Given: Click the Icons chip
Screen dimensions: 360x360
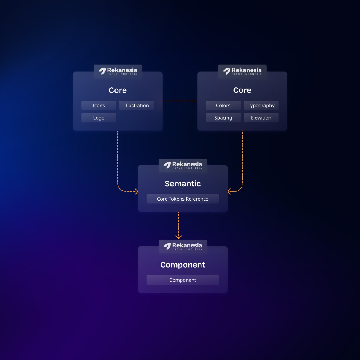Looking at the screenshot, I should [99, 106].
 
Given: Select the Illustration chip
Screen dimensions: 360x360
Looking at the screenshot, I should [136, 106].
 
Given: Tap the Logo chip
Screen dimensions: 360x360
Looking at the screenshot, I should [99, 118].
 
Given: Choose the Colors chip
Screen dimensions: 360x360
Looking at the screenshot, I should [223, 106].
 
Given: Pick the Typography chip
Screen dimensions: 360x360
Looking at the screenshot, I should [261, 106].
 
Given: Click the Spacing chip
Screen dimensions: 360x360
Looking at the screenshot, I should [223, 118].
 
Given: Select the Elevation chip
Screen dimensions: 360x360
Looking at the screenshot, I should [261, 118].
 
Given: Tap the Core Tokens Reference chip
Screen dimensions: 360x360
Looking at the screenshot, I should [182, 199].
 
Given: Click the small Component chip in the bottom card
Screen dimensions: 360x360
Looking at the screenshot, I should [182, 280].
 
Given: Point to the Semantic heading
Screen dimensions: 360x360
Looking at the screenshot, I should [182, 184].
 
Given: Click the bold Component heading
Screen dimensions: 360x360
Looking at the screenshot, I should [182, 265].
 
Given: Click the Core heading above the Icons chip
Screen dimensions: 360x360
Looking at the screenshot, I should [118, 90].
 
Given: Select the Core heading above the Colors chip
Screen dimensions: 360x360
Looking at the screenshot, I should [242, 90].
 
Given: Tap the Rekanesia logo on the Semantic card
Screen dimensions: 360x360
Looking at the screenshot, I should [183, 165].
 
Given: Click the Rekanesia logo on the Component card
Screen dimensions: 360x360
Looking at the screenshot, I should [183, 246].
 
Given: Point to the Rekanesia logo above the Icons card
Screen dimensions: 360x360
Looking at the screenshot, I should [118, 71].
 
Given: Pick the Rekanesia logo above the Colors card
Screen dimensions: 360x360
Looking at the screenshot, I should [242, 71].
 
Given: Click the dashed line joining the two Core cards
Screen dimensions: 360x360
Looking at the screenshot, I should [180, 101].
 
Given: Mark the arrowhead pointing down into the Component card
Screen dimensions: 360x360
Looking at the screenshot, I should [178, 237].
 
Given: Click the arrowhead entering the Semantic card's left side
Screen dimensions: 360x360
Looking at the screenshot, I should [136, 192].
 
